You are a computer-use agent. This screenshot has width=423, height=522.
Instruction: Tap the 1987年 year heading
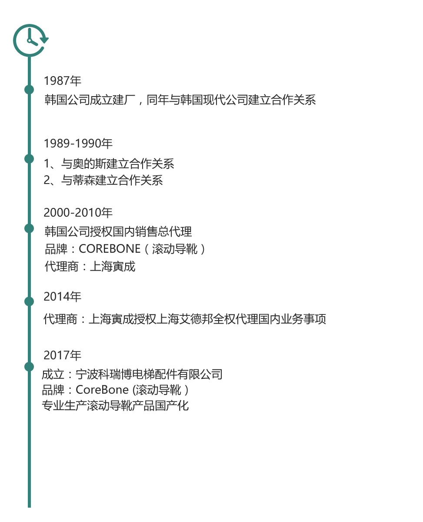tap(62, 81)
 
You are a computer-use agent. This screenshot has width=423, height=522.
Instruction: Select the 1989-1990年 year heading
tap(78, 144)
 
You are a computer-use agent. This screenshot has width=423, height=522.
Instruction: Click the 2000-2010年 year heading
tap(78, 212)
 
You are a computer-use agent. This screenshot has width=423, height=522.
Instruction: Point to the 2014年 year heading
tap(62, 297)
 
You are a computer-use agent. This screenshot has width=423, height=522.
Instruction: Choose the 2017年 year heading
tap(62, 355)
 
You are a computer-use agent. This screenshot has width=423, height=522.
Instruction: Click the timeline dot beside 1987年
tap(29, 90)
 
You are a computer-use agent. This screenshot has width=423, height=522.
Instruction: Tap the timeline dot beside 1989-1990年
tap(29, 159)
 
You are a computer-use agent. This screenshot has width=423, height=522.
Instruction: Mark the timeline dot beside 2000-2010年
tap(29, 228)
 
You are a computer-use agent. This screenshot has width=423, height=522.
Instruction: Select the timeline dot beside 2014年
tap(29, 301)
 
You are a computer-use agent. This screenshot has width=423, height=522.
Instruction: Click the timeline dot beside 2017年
tap(29, 367)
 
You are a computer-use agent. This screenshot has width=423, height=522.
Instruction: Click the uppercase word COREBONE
tap(110, 249)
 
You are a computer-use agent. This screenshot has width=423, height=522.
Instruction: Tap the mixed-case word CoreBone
tap(102, 390)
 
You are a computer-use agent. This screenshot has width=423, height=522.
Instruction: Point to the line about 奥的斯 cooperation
tap(109, 164)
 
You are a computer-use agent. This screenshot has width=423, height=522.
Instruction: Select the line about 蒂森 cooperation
tap(103, 180)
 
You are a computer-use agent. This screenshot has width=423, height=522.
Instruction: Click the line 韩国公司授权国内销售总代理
tap(118, 231)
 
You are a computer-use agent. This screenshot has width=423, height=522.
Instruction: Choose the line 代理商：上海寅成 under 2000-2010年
tap(90, 266)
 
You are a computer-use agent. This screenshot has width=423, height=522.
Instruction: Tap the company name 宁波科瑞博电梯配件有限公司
tap(149, 375)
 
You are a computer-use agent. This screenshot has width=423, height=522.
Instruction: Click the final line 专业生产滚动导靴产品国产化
tap(115, 405)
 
